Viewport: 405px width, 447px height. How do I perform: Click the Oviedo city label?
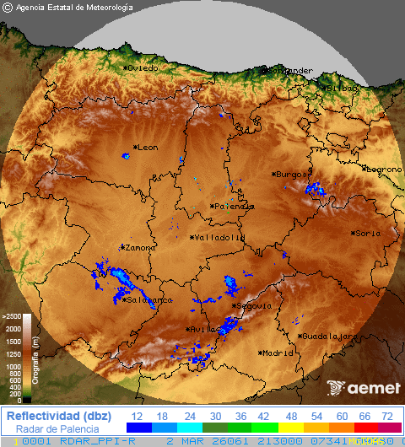pos(143,67)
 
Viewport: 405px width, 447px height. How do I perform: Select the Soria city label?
pos(365,233)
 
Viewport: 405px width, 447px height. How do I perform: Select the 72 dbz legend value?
pos(386,416)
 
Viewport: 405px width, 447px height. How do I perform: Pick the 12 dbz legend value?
pos(137,416)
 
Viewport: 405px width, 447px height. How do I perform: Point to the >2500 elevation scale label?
pos(11,317)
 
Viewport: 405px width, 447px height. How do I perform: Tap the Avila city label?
pos(201,329)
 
